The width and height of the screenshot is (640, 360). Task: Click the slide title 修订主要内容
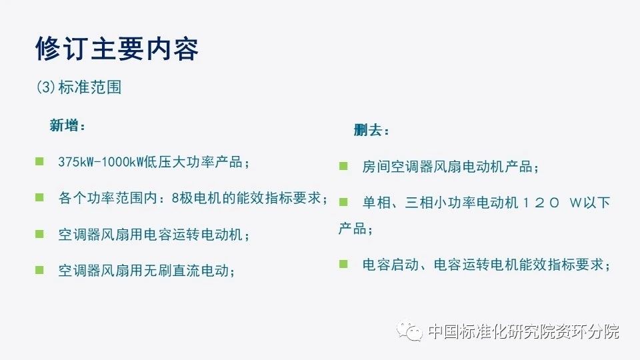point(117,49)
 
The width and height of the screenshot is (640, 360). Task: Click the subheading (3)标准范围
point(79,87)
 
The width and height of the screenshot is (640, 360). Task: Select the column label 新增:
point(67,125)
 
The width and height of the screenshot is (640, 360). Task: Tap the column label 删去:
point(371,130)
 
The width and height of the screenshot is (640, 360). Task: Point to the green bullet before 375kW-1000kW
point(39,161)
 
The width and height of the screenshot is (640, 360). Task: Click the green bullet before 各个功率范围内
point(39,197)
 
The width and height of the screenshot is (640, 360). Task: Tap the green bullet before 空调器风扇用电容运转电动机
point(39,234)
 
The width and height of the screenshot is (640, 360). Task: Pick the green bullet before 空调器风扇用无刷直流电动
point(39,270)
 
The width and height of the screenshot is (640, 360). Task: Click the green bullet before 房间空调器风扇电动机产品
point(343,166)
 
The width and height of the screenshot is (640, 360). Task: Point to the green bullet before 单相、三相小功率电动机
point(343,201)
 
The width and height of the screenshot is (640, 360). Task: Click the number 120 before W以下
point(541,203)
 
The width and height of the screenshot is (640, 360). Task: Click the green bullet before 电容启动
point(343,264)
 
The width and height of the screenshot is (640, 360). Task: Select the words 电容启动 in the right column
point(391,265)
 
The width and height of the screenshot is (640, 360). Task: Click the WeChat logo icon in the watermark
point(409,331)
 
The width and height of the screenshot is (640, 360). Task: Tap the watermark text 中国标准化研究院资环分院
point(524,331)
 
